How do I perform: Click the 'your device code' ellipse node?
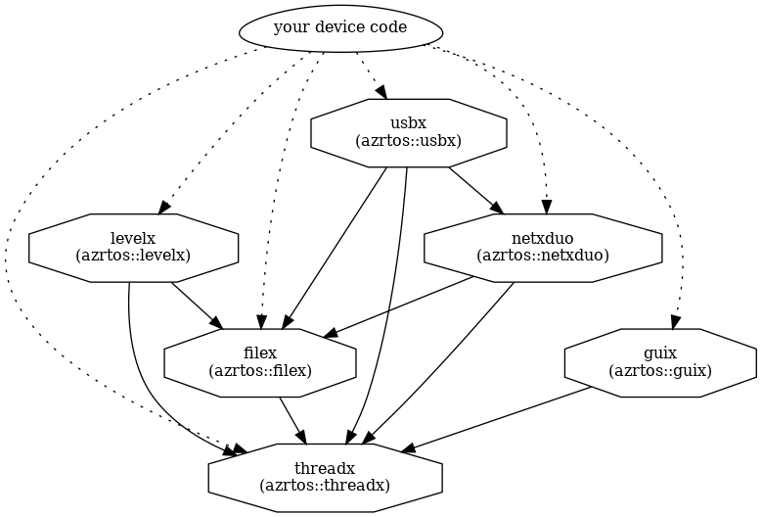pos(339,28)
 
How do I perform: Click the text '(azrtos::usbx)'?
pos(408,141)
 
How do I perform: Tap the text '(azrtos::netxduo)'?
pos(542,256)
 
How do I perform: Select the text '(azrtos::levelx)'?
pos(133,256)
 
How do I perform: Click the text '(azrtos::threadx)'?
pos(325,485)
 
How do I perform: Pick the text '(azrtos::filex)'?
pos(259,370)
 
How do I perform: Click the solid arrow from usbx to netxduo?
pos(475,190)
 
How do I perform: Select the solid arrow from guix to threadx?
pos(499,419)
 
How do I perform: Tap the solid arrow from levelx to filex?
pos(197,305)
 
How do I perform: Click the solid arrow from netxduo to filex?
pos(401,306)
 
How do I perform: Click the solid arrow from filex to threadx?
pos(293,419)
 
